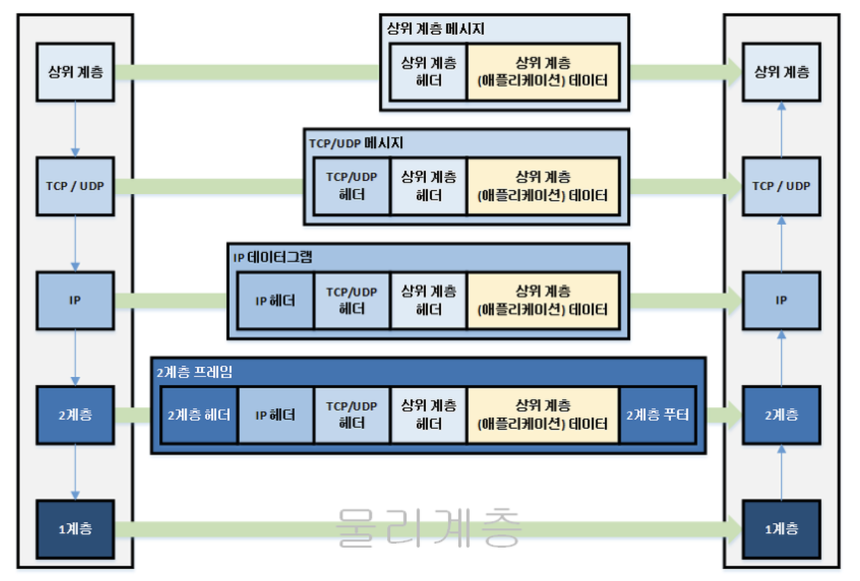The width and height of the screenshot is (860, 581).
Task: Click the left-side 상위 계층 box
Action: pos(75,72)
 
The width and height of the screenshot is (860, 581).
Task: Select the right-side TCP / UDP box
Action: pos(781,186)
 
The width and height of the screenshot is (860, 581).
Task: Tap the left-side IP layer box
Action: pos(75,301)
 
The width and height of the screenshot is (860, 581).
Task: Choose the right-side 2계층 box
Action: pos(781,415)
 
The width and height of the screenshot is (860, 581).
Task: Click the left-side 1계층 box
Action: pos(75,529)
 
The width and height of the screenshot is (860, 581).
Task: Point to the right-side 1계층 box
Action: pos(781,529)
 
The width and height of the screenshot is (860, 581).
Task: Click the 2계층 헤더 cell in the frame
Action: pos(199,415)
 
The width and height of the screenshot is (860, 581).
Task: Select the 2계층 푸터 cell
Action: pos(657,415)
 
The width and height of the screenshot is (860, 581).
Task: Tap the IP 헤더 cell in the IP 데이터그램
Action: pos(275,301)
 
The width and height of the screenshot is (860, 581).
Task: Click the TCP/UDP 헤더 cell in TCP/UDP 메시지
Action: pos(352,186)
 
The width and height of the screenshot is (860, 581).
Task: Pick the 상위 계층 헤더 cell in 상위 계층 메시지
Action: pos(428,72)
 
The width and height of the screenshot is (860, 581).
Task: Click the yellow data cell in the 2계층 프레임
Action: pos(543,415)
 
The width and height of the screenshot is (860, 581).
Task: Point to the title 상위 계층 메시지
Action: pos(435,29)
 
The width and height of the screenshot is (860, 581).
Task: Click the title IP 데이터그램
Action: pos(273,257)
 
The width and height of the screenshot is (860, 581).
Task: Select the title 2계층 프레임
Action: pos(194,372)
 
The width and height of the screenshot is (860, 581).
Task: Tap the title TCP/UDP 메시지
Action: pos(356,143)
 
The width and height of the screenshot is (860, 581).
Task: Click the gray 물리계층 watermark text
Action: pos(428,528)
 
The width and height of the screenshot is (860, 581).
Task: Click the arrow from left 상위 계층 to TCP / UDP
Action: pos(75,128)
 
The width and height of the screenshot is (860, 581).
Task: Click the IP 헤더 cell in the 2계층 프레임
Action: pos(275,415)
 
